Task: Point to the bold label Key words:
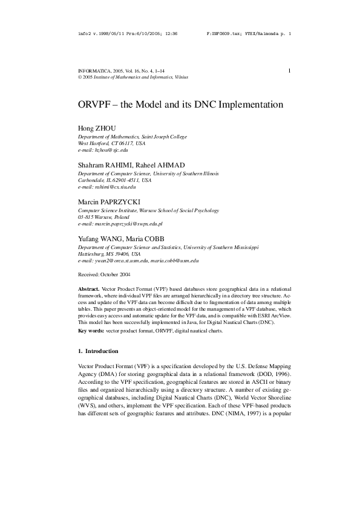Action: [x=91, y=331]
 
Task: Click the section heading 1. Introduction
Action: [x=98, y=351]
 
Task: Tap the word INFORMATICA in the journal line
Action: [x=94, y=71]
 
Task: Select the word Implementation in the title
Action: [x=247, y=104]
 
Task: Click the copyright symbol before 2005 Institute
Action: [x=80, y=78]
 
